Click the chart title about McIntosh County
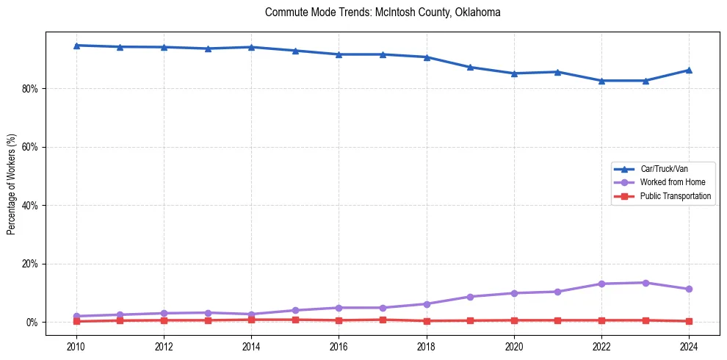click(x=383, y=12)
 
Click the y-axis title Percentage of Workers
click(x=11, y=184)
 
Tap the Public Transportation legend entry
click(x=675, y=196)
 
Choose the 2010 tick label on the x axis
click(x=76, y=346)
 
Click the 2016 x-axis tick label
click(x=339, y=346)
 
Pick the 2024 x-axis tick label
click(x=689, y=346)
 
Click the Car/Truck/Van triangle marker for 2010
click(x=76, y=46)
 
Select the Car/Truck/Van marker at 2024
click(x=689, y=70)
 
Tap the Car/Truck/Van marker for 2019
click(x=470, y=67)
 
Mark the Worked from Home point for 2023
click(x=645, y=283)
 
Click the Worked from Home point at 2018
click(x=427, y=303)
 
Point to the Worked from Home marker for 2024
click(x=689, y=289)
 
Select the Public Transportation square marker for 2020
click(x=514, y=320)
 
